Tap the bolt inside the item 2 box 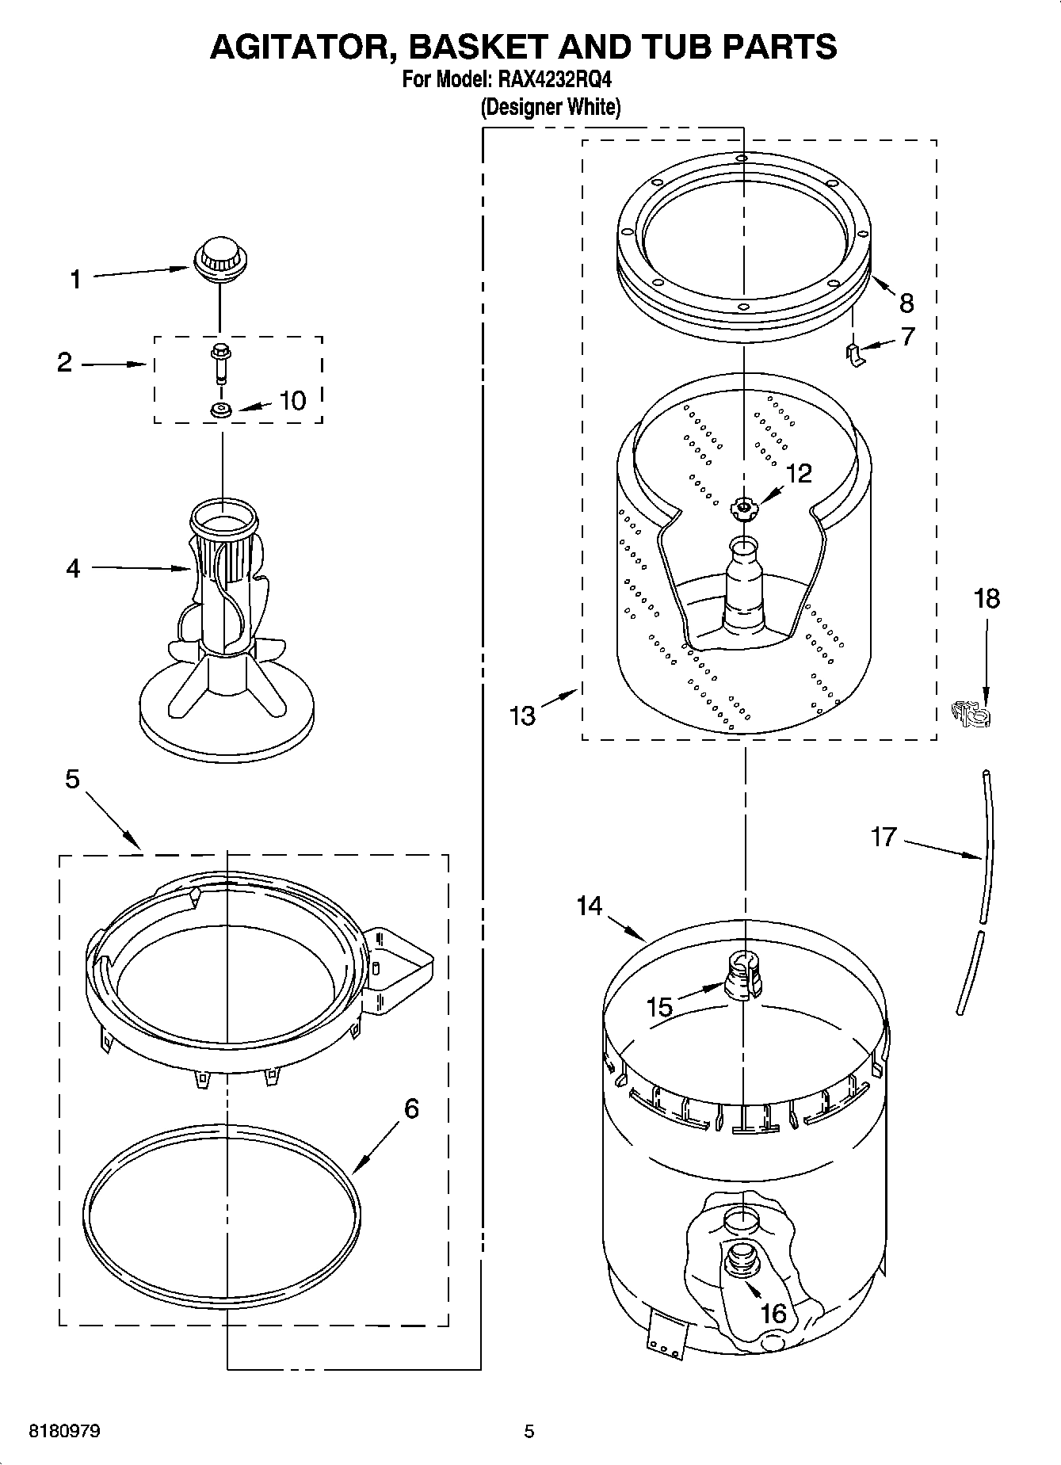[x=219, y=363]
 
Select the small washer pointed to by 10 [x=220, y=410]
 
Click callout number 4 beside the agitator [x=73, y=568]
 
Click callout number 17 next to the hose [x=883, y=837]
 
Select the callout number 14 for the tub [x=590, y=906]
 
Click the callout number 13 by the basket [x=522, y=715]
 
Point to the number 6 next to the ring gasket [x=411, y=1108]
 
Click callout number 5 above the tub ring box [x=72, y=780]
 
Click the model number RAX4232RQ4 [x=555, y=80]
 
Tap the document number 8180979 [x=64, y=1432]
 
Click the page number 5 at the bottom [x=529, y=1432]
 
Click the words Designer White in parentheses [x=551, y=108]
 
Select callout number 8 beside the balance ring [x=907, y=303]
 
